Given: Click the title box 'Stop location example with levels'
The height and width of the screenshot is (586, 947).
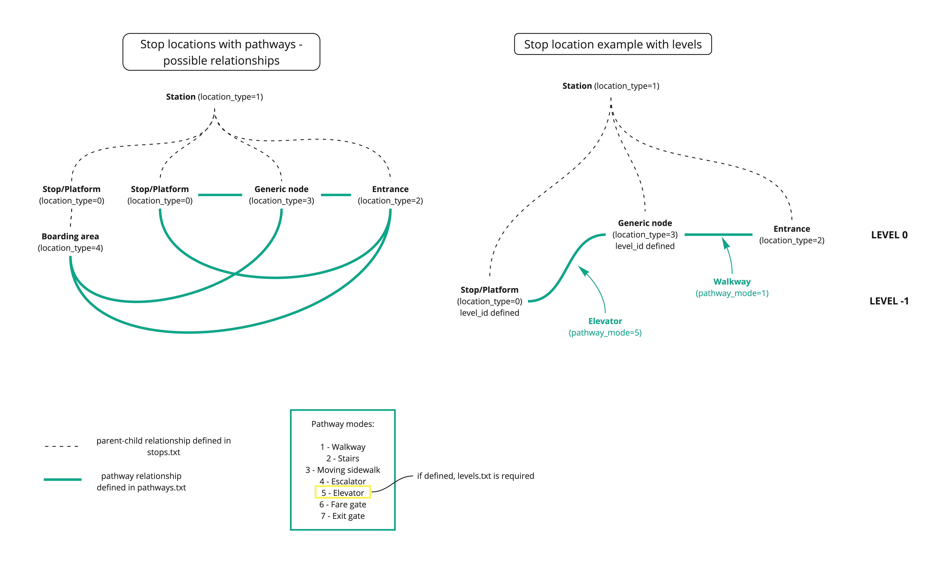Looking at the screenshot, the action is [x=613, y=44].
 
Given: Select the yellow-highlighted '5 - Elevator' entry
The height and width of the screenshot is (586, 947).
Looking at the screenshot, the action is [x=343, y=492].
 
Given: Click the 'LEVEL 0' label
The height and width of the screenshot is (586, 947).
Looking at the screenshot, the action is [x=889, y=235].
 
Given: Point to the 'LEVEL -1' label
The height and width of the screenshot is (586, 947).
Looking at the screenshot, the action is [x=889, y=301].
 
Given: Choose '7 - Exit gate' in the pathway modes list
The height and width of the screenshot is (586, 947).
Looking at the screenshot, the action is [x=343, y=516].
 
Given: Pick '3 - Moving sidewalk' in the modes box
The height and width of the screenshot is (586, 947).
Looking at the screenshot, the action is [x=343, y=470].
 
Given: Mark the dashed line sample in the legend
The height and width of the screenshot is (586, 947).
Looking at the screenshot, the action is [x=62, y=446].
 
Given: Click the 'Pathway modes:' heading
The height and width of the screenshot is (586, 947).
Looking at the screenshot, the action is [x=343, y=424].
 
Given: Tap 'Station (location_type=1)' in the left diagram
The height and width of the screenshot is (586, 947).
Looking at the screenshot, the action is [x=215, y=97].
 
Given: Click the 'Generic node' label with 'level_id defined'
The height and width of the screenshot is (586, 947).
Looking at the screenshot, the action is [x=645, y=235].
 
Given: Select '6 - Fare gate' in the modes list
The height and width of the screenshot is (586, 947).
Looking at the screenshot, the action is [x=343, y=504].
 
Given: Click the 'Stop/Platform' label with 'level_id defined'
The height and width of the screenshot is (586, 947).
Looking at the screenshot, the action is [x=490, y=301].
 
